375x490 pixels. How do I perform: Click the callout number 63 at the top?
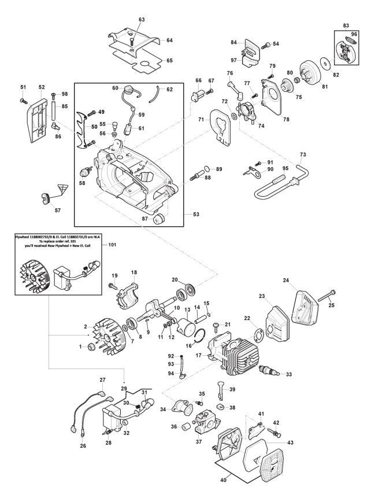coord(142,20)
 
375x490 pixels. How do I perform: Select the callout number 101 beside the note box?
coord(113,245)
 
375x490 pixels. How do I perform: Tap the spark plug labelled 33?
coord(270,373)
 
